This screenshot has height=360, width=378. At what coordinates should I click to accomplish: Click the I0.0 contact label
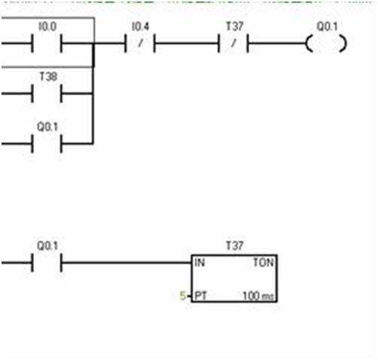click(x=47, y=26)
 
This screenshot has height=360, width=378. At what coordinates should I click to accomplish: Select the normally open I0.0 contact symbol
click(x=47, y=44)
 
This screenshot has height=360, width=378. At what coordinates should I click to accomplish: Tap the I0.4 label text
click(x=141, y=26)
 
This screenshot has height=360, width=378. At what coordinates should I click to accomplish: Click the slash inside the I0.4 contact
click(x=141, y=43)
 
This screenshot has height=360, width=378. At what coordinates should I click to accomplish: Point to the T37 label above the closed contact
click(x=235, y=26)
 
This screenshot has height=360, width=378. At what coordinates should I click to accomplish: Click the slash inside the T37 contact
click(x=233, y=43)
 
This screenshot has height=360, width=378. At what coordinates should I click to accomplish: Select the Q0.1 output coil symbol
click(x=326, y=44)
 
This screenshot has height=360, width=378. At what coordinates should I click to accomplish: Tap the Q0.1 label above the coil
click(x=327, y=26)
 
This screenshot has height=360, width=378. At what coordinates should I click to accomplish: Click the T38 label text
click(x=48, y=77)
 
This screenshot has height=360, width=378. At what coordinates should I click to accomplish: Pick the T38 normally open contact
click(x=47, y=93)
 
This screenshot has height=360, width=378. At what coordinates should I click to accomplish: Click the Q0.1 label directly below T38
click(x=47, y=127)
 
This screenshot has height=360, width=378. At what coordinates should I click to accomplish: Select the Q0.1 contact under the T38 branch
click(x=47, y=144)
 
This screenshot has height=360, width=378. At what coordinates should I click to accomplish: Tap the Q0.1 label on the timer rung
click(x=47, y=246)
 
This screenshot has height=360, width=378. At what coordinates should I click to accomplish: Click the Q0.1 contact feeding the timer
click(x=47, y=263)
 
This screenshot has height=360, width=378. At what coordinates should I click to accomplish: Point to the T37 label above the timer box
click(x=235, y=246)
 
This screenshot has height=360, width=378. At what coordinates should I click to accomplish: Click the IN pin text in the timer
click(x=200, y=263)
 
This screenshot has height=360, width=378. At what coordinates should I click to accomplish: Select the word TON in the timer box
click(x=264, y=263)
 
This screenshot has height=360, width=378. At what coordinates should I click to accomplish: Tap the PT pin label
click(x=200, y=296)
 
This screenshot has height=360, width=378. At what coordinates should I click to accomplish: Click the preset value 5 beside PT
click(x=183, y=296)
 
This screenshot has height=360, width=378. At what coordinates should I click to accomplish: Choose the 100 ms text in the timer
click(x=258, y=296)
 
